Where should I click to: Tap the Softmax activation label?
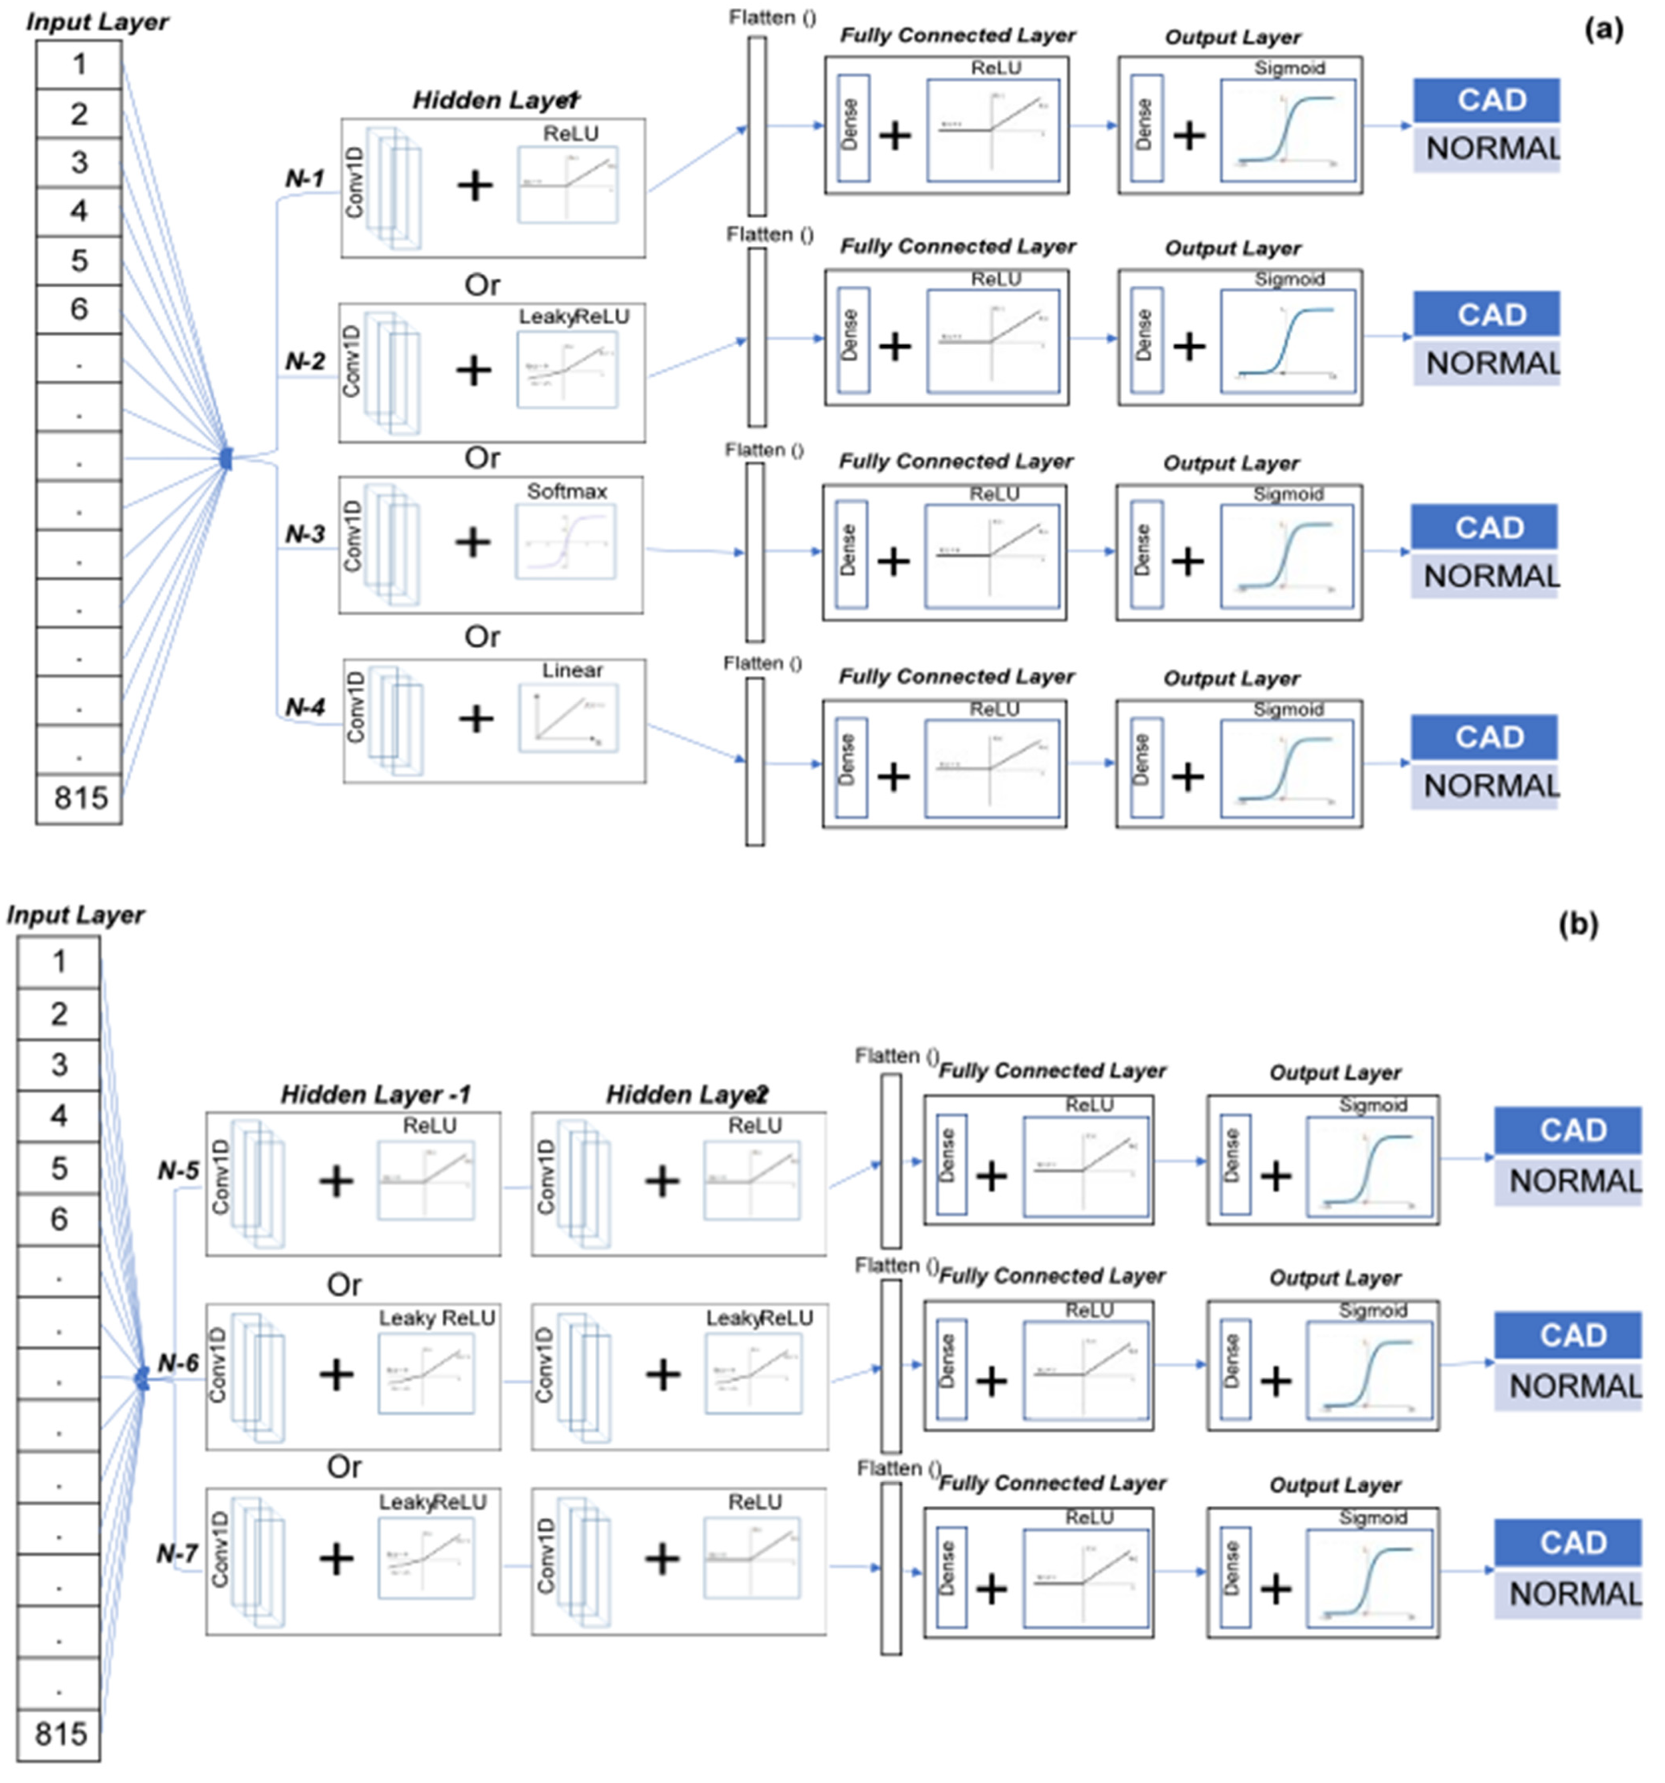point(567,492)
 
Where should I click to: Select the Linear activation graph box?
point(568,718)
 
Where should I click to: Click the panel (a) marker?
point(1603,30)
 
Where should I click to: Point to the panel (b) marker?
point(1578,924)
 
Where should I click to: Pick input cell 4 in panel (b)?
point(59,1116)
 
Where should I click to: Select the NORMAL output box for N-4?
point(1487,786)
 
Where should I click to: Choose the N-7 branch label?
point(177,1553)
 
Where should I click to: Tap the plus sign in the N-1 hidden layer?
point(475,186)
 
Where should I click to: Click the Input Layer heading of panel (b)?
point(75,915)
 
